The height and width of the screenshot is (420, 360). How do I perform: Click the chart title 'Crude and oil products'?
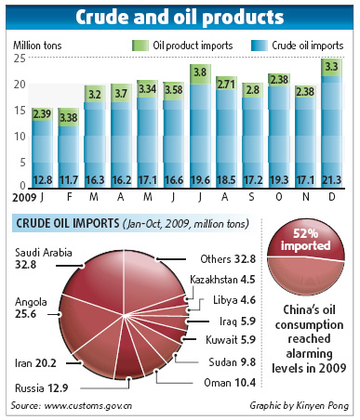click(x=180, y=18)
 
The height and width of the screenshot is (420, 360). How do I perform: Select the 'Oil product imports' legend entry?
click(x=192, y=45)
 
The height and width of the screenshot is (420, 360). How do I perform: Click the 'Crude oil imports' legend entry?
click(x=301, y=45)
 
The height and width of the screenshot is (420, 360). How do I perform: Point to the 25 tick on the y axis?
click(x=18, y=59)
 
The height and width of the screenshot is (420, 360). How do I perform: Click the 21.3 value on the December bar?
click(x=330, y=177)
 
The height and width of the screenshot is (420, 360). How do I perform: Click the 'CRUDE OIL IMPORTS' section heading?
click(x=64, y=224)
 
